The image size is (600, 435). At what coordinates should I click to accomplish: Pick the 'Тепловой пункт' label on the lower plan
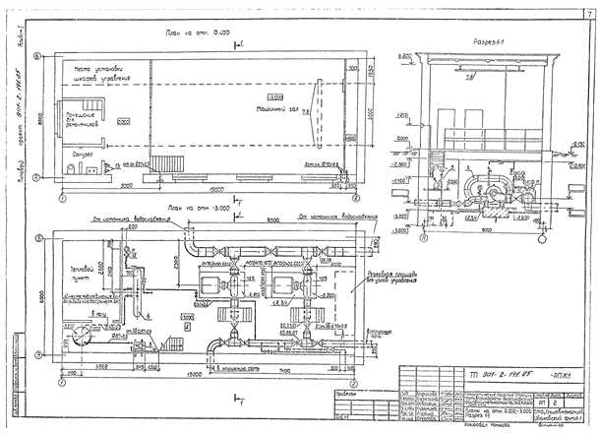tap(75, 272)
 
